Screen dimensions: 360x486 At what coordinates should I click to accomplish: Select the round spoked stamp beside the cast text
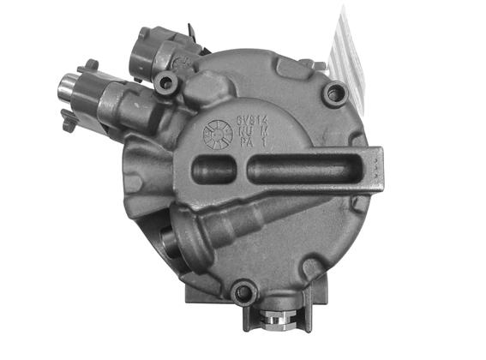point(217,135)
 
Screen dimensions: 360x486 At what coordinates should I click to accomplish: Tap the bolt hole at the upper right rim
point(334,93)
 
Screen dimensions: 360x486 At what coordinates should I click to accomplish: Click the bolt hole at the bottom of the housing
point(245,294)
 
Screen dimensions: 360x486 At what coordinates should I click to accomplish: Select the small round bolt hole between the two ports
point(166,82)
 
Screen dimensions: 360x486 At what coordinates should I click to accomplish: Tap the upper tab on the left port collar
point(87,66)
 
